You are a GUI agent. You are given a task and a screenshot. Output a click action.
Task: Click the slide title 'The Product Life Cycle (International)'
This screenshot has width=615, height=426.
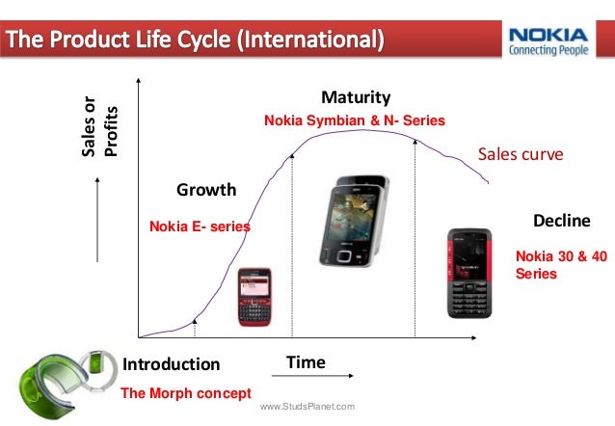198,41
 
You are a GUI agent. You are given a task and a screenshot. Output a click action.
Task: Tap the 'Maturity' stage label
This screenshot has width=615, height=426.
356,98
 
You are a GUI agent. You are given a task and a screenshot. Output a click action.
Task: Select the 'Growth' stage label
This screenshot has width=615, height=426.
206,190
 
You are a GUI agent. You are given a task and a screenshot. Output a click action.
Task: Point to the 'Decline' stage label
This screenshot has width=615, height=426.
561,221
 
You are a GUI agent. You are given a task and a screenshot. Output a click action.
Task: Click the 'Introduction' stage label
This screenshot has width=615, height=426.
172,364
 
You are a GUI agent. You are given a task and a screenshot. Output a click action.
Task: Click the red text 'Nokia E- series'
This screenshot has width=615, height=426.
200,226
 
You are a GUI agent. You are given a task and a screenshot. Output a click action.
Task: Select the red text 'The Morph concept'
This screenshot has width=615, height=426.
185,393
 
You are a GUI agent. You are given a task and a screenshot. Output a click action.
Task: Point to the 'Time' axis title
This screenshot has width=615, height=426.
306,362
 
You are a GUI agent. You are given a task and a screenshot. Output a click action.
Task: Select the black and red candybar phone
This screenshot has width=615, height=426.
469,273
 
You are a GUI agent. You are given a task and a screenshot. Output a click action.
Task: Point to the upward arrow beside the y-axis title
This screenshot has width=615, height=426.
99,222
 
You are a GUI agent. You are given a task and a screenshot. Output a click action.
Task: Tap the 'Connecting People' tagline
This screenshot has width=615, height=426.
552,50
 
